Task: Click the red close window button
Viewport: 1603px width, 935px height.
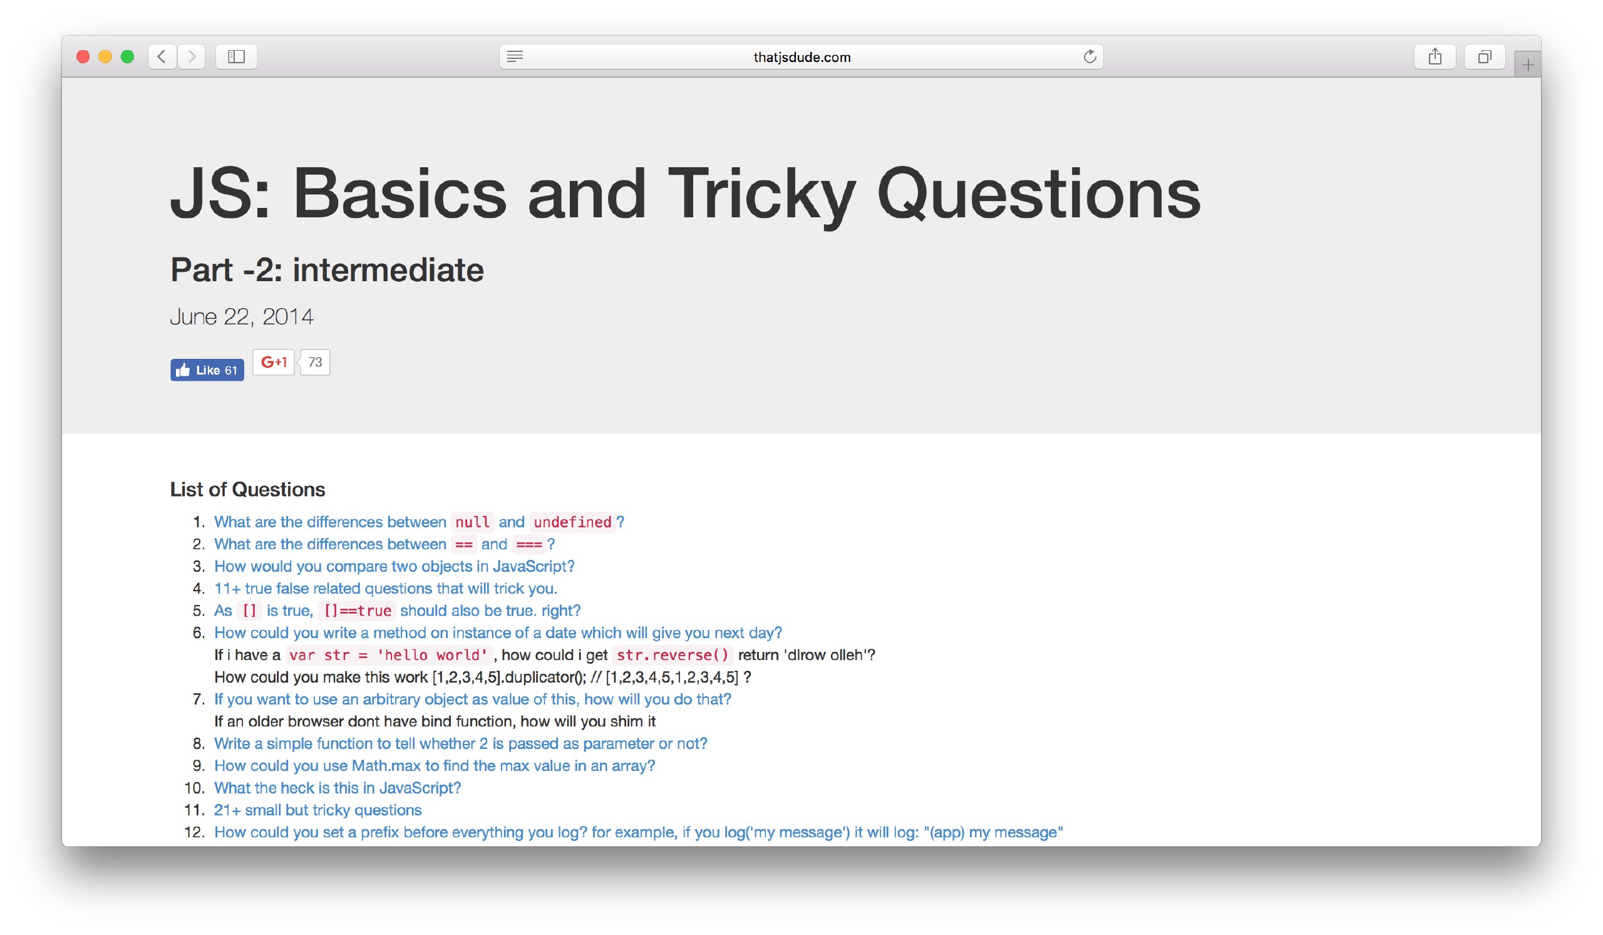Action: [83, 56]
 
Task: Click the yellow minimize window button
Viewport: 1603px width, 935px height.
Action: [105, 56]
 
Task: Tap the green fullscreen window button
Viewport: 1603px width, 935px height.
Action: [127, 56]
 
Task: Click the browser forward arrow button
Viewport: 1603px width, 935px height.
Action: [192, 56]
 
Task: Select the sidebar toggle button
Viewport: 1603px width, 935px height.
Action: [236, 56]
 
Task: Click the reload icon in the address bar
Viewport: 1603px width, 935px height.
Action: [1090, 56]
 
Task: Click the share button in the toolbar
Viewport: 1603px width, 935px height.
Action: [1435, 56]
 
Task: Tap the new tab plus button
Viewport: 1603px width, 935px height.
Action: [1527, 65]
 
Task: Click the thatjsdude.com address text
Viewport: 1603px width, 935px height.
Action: [801, 57]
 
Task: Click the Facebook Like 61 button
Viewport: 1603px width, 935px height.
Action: [207, 370]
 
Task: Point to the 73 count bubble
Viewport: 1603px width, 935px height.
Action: [315, 363]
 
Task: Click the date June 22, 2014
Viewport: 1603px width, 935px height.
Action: [242, 317]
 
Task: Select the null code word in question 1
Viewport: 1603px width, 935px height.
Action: [472, 522]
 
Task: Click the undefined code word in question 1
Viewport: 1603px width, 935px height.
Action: [572, 522]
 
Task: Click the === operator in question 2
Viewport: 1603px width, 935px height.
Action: [528, 544]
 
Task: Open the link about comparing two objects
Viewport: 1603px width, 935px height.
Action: [394, 566]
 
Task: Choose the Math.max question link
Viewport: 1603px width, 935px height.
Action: [435, 766]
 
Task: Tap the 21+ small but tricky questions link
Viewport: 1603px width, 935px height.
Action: [318, 810]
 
